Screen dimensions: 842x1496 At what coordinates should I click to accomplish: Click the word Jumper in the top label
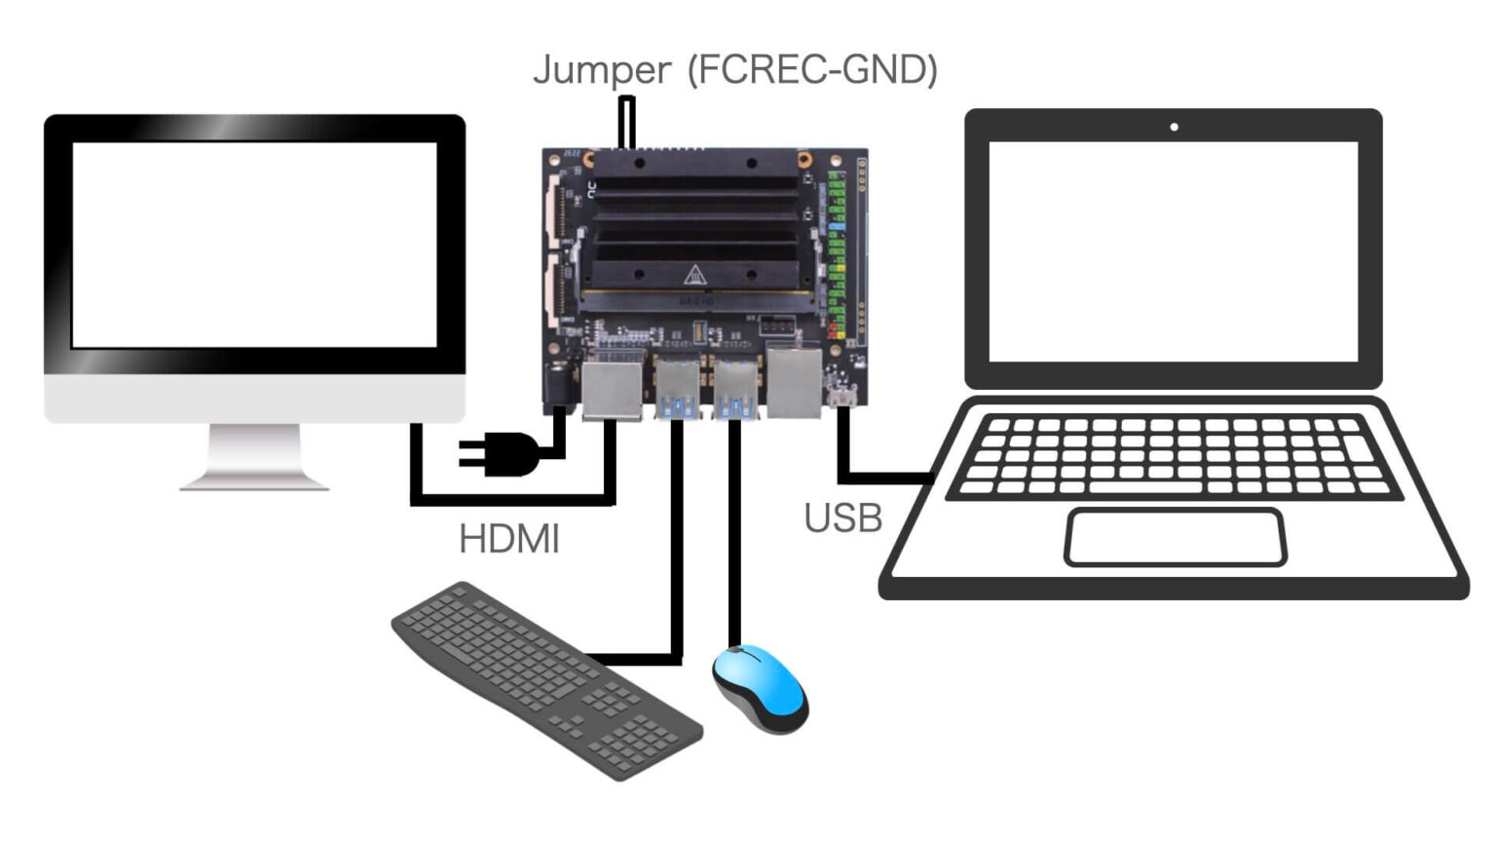click(601, 71)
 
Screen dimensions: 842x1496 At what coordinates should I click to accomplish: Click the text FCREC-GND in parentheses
click(812, 69)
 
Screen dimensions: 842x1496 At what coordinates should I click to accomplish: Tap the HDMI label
click(508, 539)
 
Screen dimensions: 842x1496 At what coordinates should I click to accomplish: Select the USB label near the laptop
click(842, 518)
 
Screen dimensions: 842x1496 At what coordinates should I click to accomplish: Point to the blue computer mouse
click(760, 688)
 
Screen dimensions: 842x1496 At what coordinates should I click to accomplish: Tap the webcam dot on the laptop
click(1174, 127)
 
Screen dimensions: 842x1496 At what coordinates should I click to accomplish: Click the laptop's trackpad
click(1175, 537)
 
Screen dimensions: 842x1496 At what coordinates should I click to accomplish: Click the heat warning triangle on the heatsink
click(693, 276)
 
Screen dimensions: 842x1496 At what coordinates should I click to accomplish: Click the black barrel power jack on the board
click(559, 386)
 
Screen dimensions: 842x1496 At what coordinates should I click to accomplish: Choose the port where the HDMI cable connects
click(612, 390)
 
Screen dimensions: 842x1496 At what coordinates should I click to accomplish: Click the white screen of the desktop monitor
click(254, 245)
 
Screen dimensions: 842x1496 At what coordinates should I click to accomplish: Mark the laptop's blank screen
click(1173, 250)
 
